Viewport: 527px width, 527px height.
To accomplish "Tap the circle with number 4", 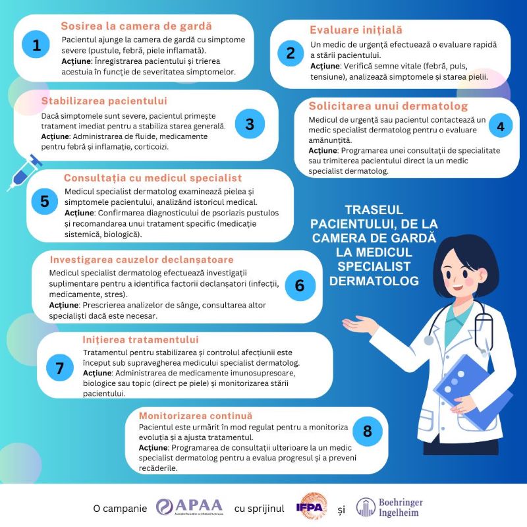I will (501, 126).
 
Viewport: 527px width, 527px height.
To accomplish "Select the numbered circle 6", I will (300, 285).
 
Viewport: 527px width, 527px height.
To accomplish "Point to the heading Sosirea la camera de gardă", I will (136, 26).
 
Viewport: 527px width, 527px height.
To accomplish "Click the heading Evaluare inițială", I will (356, 30).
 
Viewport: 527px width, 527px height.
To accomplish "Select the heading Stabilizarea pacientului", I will (104, 101).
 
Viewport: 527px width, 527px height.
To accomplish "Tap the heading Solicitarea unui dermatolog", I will (388, 106).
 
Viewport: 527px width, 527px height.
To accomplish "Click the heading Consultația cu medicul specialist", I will (153, 178).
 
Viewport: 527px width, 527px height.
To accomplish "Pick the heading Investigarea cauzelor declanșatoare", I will (142, 260).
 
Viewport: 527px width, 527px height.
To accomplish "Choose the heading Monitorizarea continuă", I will (195, 416).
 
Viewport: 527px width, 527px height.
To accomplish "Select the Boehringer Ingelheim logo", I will (389, 507).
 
